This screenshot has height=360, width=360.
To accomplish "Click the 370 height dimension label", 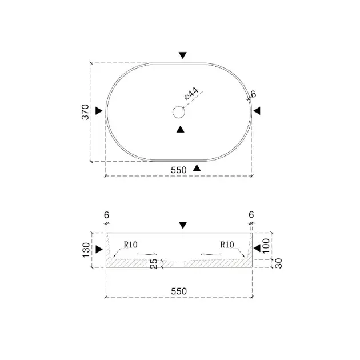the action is tap(85, 112).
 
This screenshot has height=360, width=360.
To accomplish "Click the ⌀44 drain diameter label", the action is tap(191, 94).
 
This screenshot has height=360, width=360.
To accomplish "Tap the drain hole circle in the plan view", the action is tap(179, 112).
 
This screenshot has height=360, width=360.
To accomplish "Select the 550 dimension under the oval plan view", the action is tap(179, 170).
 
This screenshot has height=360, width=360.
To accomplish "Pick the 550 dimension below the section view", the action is tap(179, 291).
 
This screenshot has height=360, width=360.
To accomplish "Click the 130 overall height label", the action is tap(86, 250).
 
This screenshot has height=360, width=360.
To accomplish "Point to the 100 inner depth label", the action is tap(266, 246).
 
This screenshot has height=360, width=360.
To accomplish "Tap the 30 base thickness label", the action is tap(278, 263).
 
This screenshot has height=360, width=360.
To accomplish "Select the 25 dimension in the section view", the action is tap(153, 264).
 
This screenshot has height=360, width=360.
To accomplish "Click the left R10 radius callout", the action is tap(131, 245).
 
